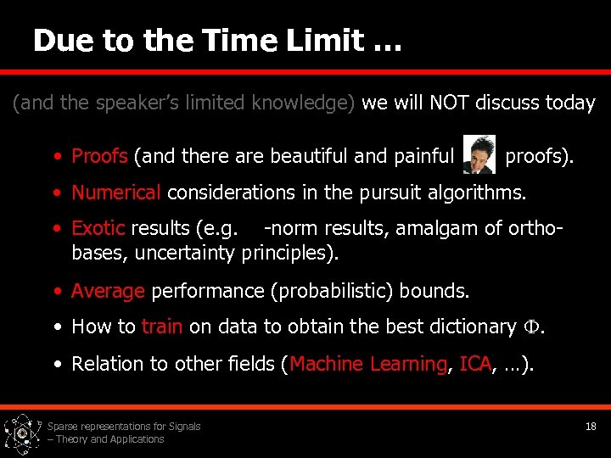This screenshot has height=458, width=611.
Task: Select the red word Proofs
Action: (99, 156)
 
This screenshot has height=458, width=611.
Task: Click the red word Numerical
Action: (116, 193)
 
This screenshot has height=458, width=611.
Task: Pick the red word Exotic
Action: (98, 229)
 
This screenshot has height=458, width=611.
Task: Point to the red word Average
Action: (108, 291)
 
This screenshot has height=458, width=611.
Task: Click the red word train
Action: (162, 327)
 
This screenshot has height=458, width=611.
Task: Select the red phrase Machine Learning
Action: (368, 364)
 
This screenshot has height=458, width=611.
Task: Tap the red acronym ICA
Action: (474, 364)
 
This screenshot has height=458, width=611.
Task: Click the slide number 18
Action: (591, 427)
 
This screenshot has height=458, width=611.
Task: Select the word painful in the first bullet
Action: (423, 156)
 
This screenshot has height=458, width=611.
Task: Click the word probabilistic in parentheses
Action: (333, 291)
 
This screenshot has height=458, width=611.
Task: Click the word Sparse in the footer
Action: (63, 427)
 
